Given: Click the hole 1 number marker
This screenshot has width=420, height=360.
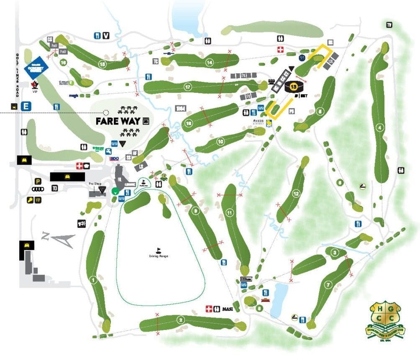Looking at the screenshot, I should tap(93, 279).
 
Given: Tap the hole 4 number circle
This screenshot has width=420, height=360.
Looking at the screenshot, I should tap(380, 128).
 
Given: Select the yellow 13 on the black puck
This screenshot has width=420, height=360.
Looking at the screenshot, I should tap(293, 87).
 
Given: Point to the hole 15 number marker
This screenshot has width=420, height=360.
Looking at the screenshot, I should tap(102, 64).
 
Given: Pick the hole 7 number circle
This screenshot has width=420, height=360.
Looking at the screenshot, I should tap(328, 285).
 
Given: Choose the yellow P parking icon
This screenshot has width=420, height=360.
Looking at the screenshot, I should tap(38, 181).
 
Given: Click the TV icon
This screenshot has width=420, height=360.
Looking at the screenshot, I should tap(389, 25).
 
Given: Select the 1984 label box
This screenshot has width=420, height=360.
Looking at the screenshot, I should tap(180, 108).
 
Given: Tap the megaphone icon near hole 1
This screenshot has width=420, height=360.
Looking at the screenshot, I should tap(81, 224).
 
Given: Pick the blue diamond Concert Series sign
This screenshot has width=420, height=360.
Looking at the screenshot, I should tap(36, 68).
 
